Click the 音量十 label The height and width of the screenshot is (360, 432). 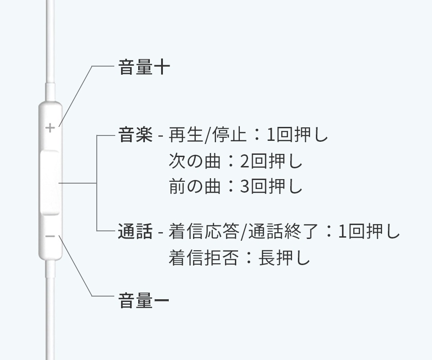click(x=144, y=68)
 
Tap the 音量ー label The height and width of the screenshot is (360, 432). click(x=144, y=301)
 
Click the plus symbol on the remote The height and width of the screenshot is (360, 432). click(x=50, y=128)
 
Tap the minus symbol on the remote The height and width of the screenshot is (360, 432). click(x=50, y=237)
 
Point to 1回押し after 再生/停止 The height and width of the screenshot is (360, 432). click(x=297, y=135)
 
